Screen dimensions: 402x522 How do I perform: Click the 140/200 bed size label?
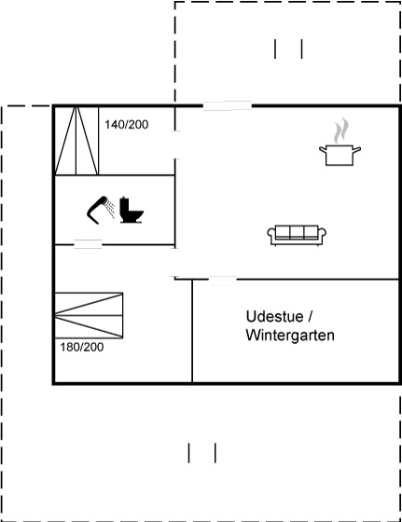click(127, 125)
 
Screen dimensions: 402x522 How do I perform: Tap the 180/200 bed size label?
click(81, 347)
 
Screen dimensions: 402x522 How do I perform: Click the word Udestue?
click(275, 316)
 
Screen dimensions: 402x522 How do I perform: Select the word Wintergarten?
click(290, 336)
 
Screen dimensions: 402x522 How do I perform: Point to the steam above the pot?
click(341, 130)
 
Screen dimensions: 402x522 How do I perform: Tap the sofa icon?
click(297, 235)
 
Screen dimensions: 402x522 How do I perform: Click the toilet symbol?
click(132, 210)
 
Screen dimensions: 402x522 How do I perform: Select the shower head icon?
click(97, 210)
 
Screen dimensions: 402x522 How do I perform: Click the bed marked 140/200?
click(76, 141)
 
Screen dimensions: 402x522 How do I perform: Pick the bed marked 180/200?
click(89, 316)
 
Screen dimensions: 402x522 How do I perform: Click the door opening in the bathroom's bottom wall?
click(88, 244)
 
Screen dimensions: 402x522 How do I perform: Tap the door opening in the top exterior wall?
click(228, 106)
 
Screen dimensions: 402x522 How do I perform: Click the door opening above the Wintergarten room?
click(223, 280)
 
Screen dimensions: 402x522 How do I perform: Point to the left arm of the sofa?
click(271, 234)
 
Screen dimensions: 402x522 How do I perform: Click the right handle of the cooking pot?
click(356, 150)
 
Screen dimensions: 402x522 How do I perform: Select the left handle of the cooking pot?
click(323, 150)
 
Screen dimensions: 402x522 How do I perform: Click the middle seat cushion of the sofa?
click(297, 232)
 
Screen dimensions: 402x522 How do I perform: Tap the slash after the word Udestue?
click(310, 317)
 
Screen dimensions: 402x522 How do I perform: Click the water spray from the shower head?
click(109, 209)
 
